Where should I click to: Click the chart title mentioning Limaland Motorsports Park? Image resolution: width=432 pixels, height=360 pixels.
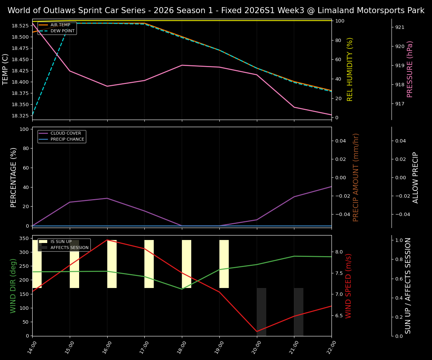216,10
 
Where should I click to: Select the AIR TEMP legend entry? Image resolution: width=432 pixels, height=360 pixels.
60,25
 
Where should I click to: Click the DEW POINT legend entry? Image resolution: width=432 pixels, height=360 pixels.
62,31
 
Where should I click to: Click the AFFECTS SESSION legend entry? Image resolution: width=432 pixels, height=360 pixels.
69,247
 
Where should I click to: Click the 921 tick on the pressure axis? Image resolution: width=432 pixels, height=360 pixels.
400,27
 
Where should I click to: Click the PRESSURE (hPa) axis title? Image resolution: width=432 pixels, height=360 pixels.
410,69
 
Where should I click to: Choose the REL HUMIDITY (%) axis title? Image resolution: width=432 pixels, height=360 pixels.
350,69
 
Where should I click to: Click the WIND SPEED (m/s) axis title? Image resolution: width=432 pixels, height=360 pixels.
349,286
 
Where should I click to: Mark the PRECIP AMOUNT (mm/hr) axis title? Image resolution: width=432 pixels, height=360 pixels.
356,177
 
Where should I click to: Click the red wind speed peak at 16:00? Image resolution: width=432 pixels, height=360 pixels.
107,240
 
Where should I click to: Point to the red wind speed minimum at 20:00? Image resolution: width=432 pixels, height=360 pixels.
257,331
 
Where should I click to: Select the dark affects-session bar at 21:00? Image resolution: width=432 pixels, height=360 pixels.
298,311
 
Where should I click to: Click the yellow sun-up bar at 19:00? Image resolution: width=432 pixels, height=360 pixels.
224,264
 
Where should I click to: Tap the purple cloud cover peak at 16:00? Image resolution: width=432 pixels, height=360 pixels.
107,198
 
